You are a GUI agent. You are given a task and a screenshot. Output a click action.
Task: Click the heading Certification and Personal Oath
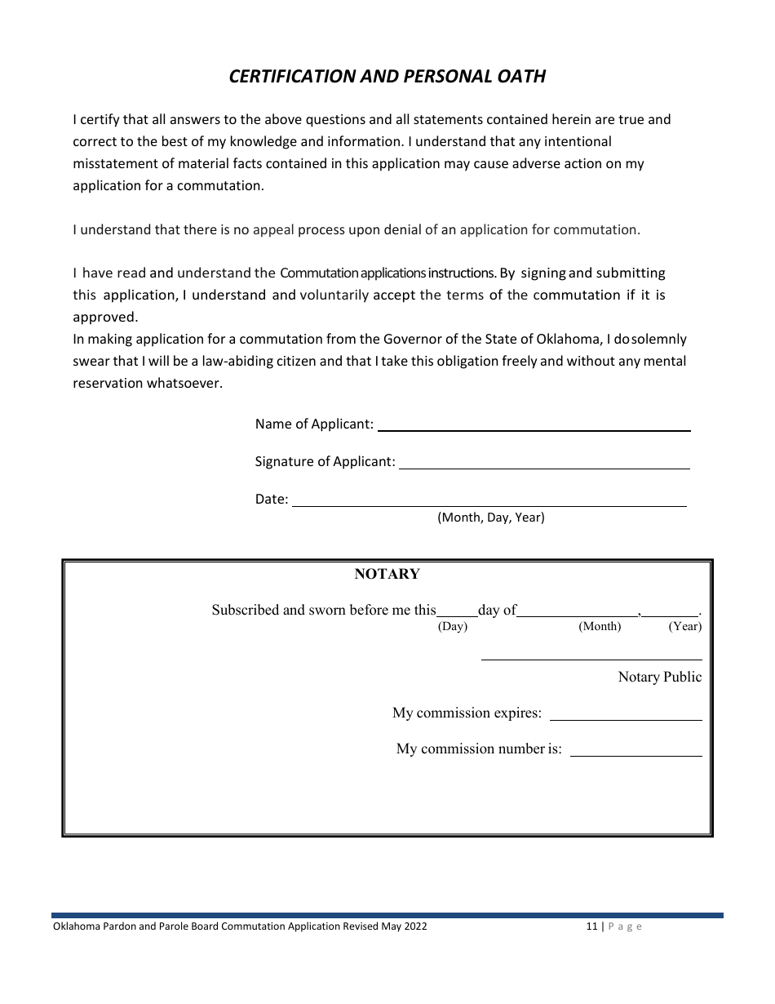[x=387, y=76]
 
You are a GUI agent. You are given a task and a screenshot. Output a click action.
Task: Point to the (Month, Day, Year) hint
[x=491, y=518]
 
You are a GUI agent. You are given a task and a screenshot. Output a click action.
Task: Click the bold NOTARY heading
[x=387, y=574]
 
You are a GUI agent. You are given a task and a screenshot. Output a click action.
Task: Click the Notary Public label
[x=659, y=677]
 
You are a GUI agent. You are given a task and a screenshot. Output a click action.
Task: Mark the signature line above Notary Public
[x=591, y=657]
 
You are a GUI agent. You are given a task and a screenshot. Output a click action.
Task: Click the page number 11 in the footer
[x=591, y=926]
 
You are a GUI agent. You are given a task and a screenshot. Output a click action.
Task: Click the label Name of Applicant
[x=314, y=424]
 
